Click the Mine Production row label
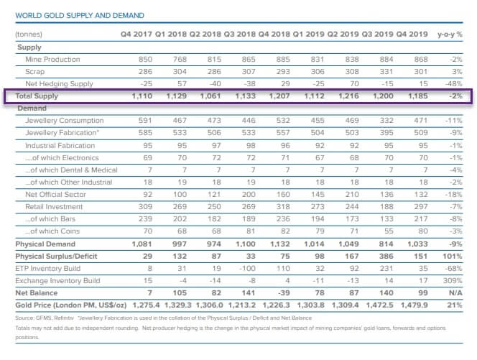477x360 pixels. click(x=52, y=59)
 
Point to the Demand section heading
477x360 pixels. click(x=32, y=108)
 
